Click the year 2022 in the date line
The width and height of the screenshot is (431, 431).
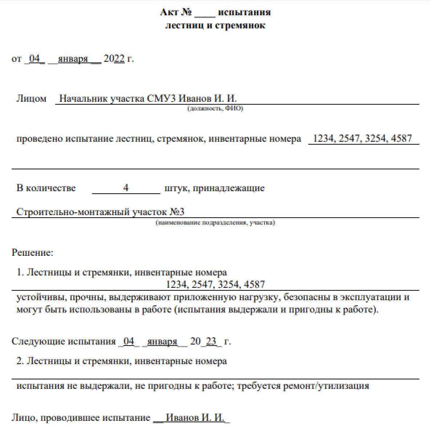114,59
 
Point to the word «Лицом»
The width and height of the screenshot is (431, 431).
31,98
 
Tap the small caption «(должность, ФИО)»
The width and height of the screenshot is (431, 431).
215,109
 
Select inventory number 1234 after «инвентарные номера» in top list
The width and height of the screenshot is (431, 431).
323,138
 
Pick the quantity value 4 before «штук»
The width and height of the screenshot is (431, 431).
126,188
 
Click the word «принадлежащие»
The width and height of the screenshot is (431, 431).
229,188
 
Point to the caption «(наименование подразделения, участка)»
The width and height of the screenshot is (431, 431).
215,222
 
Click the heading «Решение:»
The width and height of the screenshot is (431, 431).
33,252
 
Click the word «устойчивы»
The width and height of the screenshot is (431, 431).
40,297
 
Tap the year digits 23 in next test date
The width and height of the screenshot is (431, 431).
211,341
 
